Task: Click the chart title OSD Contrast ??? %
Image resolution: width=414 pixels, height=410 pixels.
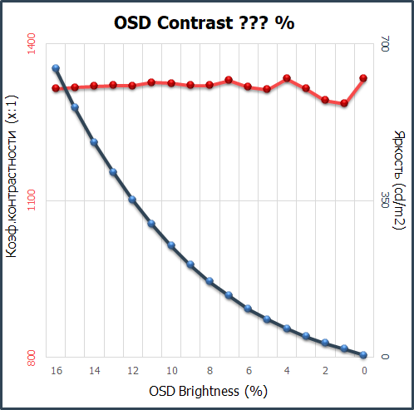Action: pos(204,23)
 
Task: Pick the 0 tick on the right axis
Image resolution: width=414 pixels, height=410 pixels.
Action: pos(384,358)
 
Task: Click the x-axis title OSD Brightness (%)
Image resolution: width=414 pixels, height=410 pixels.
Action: pos(209,390)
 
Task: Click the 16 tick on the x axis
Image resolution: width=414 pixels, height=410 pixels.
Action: pos(56,371)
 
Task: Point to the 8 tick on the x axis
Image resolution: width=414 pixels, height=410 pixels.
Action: pos(209,371)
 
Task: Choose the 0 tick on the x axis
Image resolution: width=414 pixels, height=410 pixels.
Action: pos(363,371)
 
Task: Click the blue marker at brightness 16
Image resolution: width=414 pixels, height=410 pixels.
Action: pos(56,68)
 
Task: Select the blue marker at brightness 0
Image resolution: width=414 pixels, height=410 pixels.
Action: pos(363,355)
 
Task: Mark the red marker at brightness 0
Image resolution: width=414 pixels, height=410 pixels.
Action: pos(363,78)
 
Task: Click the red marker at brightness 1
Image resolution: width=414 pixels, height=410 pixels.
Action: pos(344,103)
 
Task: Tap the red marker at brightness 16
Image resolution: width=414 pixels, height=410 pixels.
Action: pos(56,88)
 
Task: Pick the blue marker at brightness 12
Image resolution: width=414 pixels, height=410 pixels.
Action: pos(132,200)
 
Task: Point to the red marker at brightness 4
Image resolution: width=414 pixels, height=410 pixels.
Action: pos(287,78)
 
